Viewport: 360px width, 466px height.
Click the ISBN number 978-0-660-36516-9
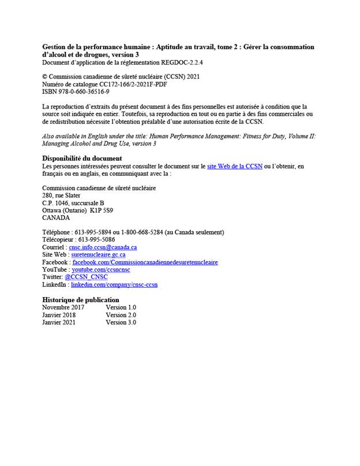(x=84, y=92)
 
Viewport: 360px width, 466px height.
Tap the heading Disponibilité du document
(x=82, y=158)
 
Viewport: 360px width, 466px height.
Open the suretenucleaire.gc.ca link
(x=98, y=254)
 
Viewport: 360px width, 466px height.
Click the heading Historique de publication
(x=81, y=300)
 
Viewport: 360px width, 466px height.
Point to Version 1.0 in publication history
(x=121, y=307)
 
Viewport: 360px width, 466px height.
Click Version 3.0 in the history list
(x=121, y=322)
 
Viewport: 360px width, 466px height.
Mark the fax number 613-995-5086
(x=96, y=239)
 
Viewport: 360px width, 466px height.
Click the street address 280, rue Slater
(x=61, y=196)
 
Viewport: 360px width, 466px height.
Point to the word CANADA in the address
(x=56, y=218)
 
